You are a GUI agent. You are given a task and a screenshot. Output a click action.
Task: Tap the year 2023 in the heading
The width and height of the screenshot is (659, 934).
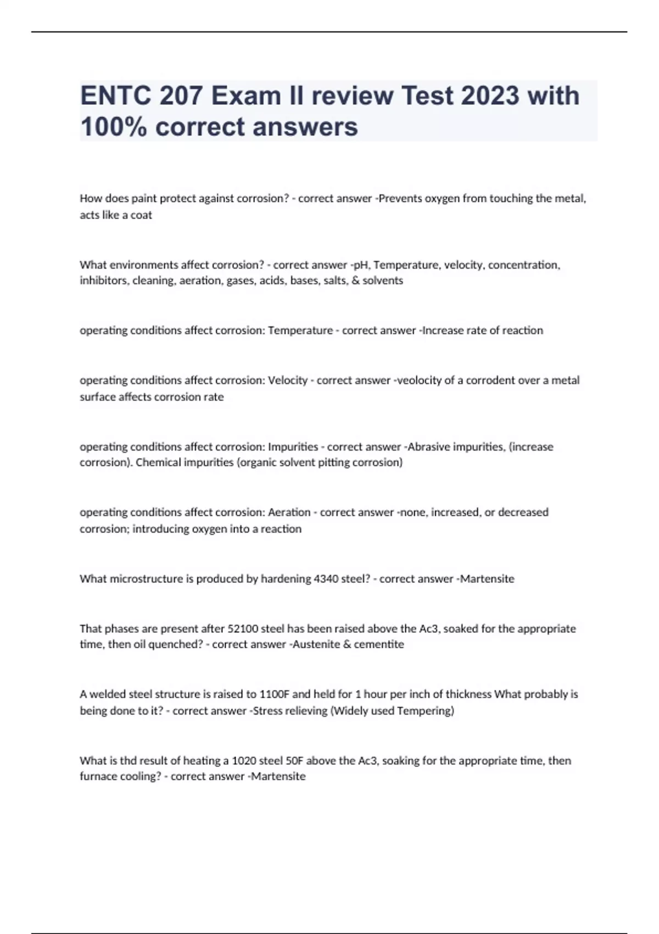(490, 96)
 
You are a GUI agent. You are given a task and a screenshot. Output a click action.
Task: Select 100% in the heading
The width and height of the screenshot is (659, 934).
(113, 127)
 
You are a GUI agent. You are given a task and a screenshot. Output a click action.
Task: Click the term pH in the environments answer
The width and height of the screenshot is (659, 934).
(360, 265)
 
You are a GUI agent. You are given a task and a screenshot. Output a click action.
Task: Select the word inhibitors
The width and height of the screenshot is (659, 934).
(104, 281)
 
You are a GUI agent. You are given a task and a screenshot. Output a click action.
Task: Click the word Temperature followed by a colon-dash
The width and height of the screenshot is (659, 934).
(300, 331)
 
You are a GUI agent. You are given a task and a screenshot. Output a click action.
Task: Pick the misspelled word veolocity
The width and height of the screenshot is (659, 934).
(418, 380)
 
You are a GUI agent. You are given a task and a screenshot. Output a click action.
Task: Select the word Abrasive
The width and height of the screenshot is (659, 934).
(428, 447)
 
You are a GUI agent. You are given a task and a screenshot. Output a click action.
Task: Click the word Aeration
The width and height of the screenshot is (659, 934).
(289, 513)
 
